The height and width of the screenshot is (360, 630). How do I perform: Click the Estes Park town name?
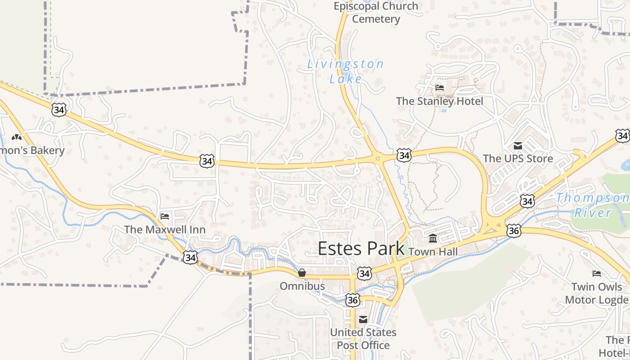(361, 248)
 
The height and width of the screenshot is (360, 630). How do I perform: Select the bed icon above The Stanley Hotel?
(440, 88)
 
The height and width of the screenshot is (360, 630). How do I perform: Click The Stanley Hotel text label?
(439, 101)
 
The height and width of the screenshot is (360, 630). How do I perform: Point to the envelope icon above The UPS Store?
(517, 145)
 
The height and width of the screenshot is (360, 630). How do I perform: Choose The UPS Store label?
(517, 158)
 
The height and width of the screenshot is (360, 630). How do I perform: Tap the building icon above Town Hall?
(433, 238)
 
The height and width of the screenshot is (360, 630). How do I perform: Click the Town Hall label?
(433, 252)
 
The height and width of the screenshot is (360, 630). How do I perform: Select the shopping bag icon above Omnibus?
(302, 273)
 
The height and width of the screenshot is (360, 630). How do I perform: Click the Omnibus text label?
(302, 286)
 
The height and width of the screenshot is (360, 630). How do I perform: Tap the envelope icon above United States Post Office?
(363, 319)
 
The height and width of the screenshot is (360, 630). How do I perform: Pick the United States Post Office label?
(363, 339)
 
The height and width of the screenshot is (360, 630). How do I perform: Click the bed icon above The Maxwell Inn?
(165, 216)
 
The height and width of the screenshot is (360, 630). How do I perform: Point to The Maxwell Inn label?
(165, 229)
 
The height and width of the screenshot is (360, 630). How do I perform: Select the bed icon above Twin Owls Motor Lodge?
(597, 273)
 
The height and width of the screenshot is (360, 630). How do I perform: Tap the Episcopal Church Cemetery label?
(376, 13)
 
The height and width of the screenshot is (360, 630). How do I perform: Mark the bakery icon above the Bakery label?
(17, 137)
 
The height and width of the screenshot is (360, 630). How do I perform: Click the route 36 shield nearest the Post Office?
(353, 300)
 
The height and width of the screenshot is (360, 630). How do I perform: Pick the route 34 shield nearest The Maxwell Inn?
(190, 257)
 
